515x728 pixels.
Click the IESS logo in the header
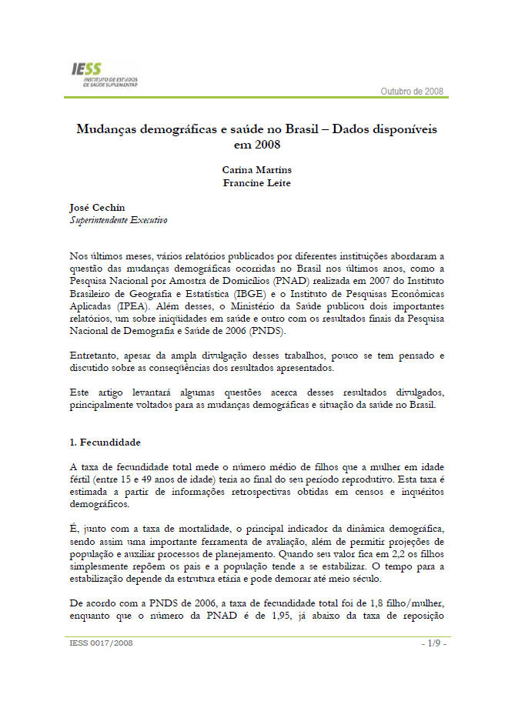pyautogui.click(x=99, y=75)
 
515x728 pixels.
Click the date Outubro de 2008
pyautogui.click(x=412, y=92)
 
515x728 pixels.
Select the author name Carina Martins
pyautogui.click(x=256, y=169)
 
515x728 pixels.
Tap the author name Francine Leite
pyautogui.click(x=256, y=182)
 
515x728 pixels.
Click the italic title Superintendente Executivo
pyautogui.click(x=118, y=220)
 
